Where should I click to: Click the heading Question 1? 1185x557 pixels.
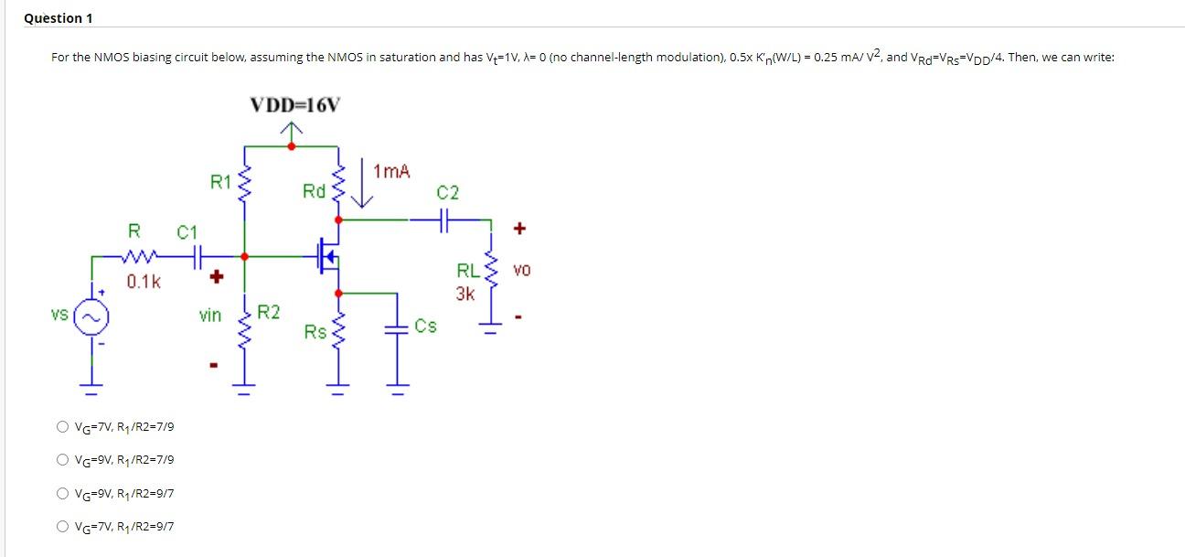[58, 18]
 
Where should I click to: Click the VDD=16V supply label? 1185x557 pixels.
[293, 105]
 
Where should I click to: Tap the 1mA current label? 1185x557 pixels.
[392, 171]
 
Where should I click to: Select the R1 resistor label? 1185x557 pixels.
[220, 181]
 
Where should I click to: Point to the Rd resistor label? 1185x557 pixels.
[314, 191]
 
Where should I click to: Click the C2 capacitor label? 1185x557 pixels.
[448, 193]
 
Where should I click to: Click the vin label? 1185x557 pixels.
[210, 316]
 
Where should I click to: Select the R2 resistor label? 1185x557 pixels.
[268, 313]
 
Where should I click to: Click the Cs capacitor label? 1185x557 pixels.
[425, 326]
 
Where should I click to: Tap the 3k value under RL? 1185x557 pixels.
[465, 295]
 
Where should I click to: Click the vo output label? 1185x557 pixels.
[521, 271]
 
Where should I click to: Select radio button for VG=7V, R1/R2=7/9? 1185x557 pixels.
[61, 426]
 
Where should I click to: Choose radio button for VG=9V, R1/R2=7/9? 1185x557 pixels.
[61, 459]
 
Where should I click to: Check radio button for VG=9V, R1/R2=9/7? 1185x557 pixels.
[61, 493]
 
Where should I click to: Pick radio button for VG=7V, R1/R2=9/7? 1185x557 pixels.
[61, 526]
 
